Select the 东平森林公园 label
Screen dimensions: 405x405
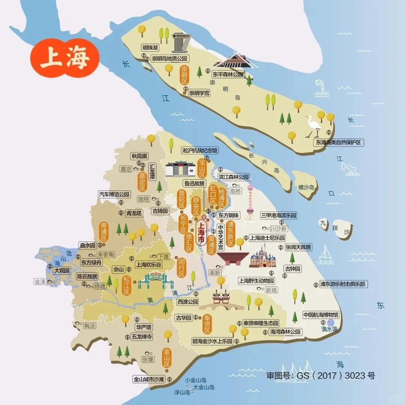pyautogui.click(x=228, y=74)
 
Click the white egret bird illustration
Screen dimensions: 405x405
pyautogui.click(x=313, y=126)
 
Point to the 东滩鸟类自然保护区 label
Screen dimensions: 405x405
pyautogui.click(x=339, y=142)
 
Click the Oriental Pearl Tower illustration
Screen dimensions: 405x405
pyautogui.click(x=250, y=201)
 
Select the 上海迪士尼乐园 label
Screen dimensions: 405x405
pyautogui.click(x=267, y=238)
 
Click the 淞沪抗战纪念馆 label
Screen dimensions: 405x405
pyautogui.click(x=199, y=150)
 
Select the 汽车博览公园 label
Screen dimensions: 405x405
pyautogui.click(x=114, y=194)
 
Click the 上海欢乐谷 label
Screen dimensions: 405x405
pyautogui.click(x=149, y=264)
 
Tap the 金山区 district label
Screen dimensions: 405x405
pyautogui.click(x=167, y=359)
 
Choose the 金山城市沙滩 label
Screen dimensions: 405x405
pyautogui.click(x=149, y=379)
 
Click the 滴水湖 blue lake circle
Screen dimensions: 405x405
pyautogui.click(x=330, y=322)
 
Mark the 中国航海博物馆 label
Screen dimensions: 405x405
pyautogui.click(x=321, y=315)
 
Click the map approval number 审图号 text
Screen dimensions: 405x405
pyautogui.click(x=321, y=375)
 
